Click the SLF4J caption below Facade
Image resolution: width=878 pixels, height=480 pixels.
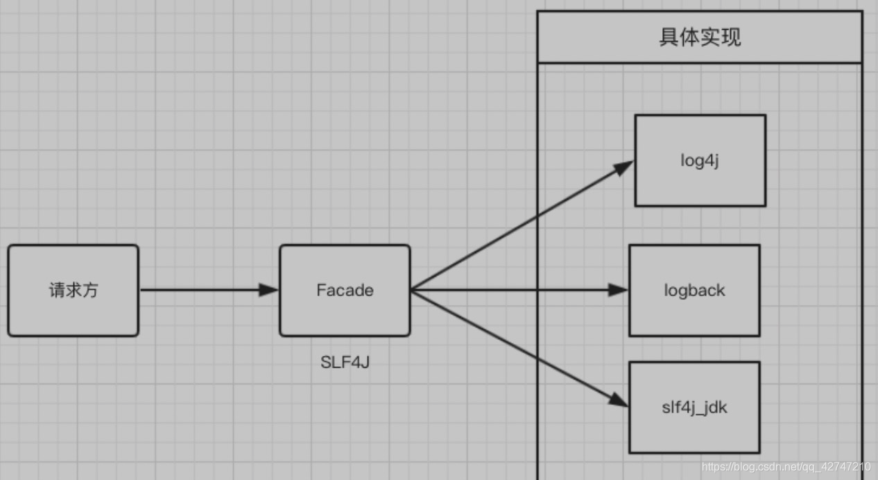(345, 362)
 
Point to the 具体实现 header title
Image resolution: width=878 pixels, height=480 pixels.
(699, 36)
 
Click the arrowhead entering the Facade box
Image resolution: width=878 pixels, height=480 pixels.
(270, 290)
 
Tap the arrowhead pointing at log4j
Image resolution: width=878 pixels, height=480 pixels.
(624, 166)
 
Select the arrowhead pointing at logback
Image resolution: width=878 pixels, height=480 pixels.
(619, 290)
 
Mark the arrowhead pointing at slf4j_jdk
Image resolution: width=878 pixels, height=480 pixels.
(619, 400)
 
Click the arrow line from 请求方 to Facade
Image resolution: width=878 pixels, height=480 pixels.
(201, 290)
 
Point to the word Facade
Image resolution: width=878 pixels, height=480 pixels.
(345, 290)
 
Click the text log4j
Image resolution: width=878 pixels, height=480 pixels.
(700, 160)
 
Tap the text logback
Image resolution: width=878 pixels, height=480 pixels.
(694, 290)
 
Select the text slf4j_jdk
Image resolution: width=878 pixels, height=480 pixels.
(694, 407)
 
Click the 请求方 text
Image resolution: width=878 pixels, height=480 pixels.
(73, 290)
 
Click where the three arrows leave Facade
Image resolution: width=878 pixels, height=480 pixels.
(411, 290)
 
